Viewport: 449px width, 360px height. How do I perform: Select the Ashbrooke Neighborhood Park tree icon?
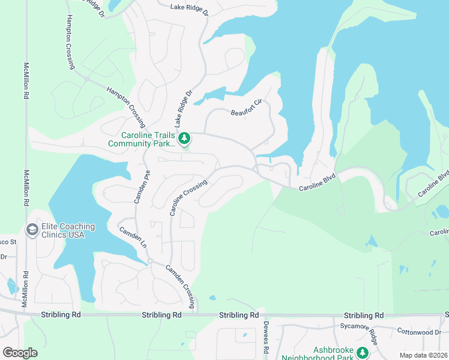coord(362,352)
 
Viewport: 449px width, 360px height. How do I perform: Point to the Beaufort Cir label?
coord(247,108)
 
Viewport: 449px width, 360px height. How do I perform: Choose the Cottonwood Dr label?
coord(419,332)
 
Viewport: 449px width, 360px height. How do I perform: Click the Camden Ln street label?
coord(133,238)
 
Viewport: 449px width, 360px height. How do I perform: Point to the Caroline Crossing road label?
coord(188,197)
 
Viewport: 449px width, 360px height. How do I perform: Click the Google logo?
coord(19,352)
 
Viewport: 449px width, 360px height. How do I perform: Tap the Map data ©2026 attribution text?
coord(423,355)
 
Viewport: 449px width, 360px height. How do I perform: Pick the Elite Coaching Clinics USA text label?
coord(68,230)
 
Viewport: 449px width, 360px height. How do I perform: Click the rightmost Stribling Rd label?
coord(364,316)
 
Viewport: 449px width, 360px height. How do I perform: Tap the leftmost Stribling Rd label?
coord(61,315)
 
